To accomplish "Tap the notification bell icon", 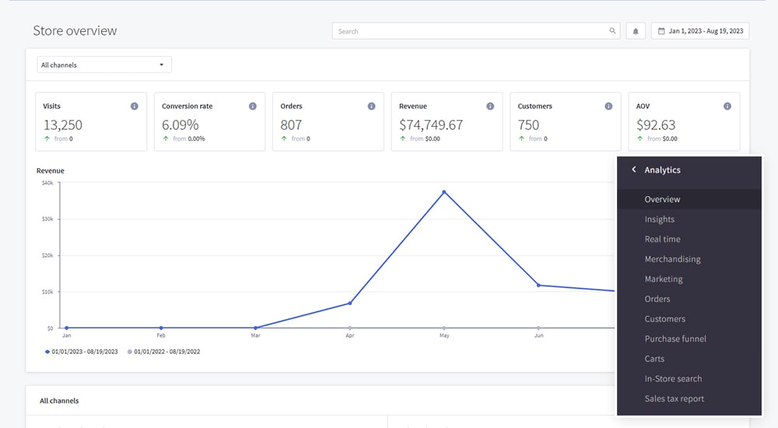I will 636,31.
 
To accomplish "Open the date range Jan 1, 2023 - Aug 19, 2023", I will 700,31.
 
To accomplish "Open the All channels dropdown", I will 103,65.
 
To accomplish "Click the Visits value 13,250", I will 62,125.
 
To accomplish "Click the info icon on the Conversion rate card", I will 253,106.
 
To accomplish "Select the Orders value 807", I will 291,125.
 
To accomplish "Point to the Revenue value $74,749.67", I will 430,125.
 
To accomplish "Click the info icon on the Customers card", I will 608,106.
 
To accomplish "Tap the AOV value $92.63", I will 655,125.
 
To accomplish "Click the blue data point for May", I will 444,191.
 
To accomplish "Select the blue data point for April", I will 350,303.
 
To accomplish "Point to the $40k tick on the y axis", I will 47,183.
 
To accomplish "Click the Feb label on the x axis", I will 161,336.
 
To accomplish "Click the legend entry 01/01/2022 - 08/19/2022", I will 166,352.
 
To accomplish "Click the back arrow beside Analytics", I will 633,170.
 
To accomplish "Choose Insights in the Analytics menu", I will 659,219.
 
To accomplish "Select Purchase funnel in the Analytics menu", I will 675,339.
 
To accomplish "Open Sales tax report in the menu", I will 674,399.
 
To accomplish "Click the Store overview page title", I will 75,31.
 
